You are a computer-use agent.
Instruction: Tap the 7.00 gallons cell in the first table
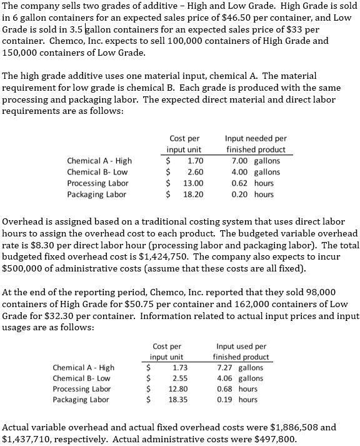point(256,161)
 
